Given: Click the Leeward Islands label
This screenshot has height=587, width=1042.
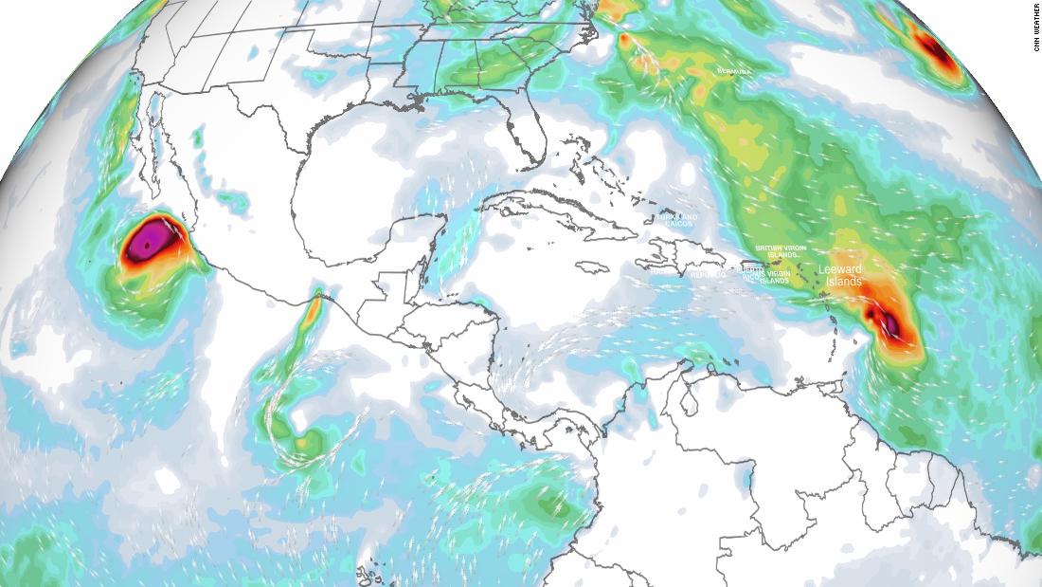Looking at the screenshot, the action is click(x=841, y=275).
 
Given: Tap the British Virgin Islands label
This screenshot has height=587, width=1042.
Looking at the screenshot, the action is click(x=777, y=251).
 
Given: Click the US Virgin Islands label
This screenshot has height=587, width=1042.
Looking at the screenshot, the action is click(x=779, y=276).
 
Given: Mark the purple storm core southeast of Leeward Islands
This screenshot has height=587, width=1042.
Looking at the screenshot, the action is click(x=890, y=325).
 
